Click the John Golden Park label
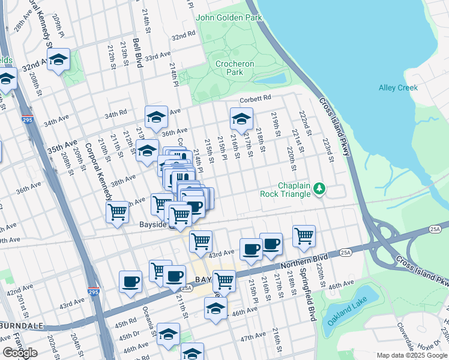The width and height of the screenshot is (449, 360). coord(229,17)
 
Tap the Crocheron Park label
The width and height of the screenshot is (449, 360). coord(235,68)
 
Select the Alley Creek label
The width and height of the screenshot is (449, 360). coord(398,88)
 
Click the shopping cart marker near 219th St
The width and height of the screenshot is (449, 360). coord(304,235)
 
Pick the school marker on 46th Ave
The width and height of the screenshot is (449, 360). coord(215,308)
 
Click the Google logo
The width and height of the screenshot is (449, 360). coord(20,352)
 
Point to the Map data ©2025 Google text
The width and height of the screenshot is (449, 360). coord(411,355)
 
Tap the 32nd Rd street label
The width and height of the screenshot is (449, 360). coord(183,36)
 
